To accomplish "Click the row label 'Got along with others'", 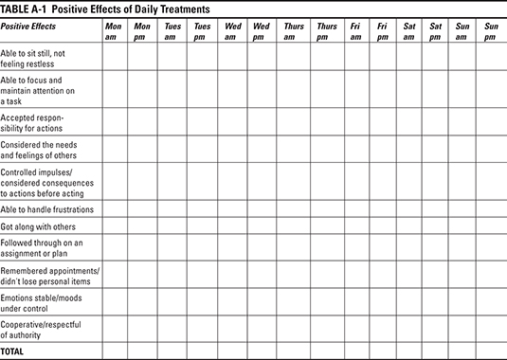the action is pyautogui.click(x=38, y=227).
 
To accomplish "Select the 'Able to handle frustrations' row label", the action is pyautogui.click(x=46, y=208).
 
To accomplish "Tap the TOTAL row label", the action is pyautogui.click(x=13, y=351).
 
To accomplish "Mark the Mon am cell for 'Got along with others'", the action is pyautogui.click(x=114, y=227).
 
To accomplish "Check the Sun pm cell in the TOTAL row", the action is pyautogui.click(x=490, y=351).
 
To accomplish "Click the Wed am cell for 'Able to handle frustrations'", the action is pyautogui.click(x=231, y=208).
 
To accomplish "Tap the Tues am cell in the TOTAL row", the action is pyautogui.click(x=172, y=351).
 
